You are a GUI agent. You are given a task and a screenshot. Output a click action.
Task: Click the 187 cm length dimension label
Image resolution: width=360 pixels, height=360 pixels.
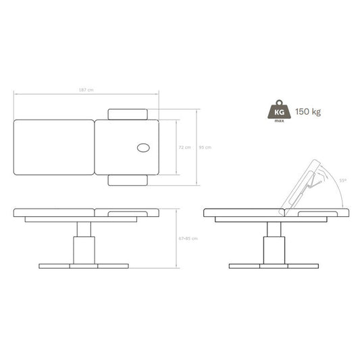coord(86,90)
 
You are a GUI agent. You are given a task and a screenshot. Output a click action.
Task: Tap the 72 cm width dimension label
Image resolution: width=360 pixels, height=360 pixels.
coord(185,147)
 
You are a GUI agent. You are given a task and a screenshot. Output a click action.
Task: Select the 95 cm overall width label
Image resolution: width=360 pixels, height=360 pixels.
coord(205,147)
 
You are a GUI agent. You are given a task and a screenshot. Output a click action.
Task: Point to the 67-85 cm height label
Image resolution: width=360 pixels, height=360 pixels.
coord(188,238)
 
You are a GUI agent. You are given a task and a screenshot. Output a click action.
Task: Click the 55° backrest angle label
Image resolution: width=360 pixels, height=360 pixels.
coord(343,181)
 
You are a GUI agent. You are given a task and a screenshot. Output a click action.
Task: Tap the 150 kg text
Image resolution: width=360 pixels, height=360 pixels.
coord(308,112)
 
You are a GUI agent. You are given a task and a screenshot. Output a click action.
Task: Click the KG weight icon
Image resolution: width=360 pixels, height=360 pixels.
coord(279,111)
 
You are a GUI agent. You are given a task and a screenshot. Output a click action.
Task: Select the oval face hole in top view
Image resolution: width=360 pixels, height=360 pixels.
coord(143,148)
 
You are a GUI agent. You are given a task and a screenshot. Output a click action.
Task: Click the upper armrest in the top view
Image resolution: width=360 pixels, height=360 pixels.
coord(128,114)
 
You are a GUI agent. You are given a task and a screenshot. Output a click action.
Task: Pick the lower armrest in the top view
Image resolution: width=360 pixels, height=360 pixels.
coord(128,180)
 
